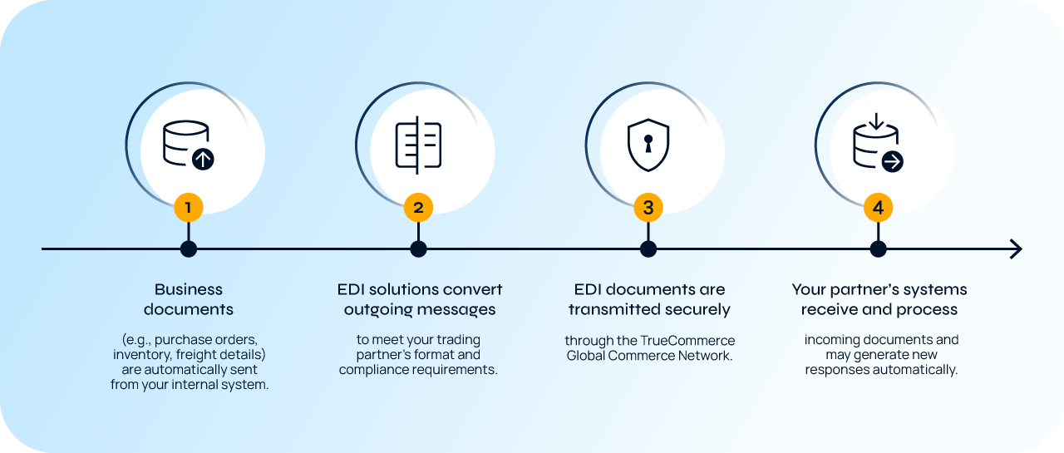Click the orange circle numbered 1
pos(189,208)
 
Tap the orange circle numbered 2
pos(418,208)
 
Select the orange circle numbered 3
pos(648,208)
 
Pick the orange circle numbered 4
pos(879,208)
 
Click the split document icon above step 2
pos(418,148)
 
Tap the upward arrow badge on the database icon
pos(203,159)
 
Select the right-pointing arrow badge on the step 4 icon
pos(892,161)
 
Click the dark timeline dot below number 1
pos(189,249)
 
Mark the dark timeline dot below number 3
pos(648,249)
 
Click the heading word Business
pos(189,289)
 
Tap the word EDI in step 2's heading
pos(352,289)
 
